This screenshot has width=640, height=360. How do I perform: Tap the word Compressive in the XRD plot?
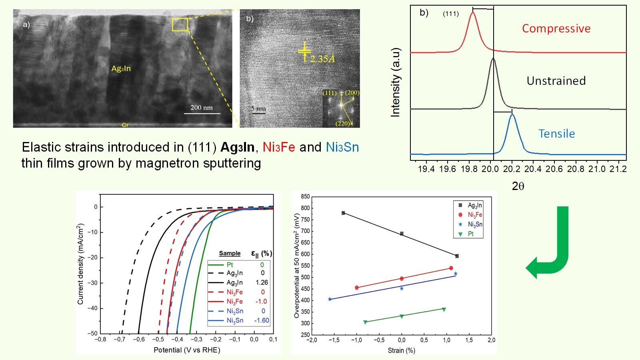tap(556, 29)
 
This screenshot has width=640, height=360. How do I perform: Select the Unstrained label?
tap(556, 81)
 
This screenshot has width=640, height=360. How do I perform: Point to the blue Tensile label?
tap(556, 134)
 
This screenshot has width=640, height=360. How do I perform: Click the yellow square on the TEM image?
tap(180, 24)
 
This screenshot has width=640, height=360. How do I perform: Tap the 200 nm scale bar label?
tap(202, 108)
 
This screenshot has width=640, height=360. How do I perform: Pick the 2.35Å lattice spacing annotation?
tap(322, 59)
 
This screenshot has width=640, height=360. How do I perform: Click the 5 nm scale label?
tap(258, 108)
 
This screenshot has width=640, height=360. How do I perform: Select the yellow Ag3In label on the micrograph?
tap(121, 69)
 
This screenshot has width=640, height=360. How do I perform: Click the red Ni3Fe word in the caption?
tap(279, 147)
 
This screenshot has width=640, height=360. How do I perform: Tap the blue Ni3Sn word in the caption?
tap(342, 147)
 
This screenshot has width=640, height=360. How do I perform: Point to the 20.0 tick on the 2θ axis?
tap(490, 169)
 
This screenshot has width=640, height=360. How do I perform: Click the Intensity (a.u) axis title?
tap(395, 82)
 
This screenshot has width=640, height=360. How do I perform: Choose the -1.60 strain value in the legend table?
tap(262, 320)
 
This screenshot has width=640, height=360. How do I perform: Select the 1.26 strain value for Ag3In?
tap(262, 282)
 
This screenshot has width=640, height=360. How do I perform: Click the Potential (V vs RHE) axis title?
tap(187, 350)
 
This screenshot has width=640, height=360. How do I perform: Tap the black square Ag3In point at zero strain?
tap(402, 234)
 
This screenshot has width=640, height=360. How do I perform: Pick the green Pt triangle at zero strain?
tap(402, 316)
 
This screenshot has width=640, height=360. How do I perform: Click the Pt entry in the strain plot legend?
tap(471, 234)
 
